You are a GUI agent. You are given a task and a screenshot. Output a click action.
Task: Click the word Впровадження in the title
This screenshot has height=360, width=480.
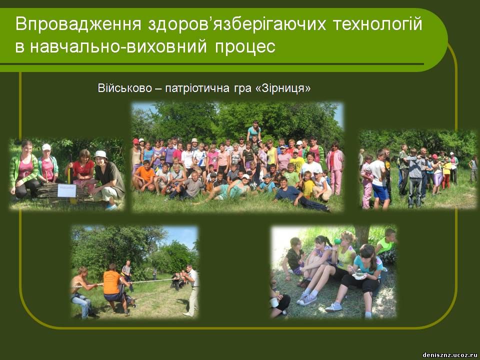(78, 24)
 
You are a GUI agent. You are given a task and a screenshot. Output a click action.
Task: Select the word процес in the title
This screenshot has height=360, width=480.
(245, 47)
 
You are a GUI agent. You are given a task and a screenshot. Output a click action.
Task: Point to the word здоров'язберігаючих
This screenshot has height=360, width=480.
(237, 24)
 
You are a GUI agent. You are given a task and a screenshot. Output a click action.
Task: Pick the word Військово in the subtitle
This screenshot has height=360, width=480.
(124, 88)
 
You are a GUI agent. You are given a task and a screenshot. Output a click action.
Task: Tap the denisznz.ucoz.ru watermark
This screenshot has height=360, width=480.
(449, 355)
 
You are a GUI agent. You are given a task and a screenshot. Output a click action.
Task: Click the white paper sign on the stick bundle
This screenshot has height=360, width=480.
(66, 190)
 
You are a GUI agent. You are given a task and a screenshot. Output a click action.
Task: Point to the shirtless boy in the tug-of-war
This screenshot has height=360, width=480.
(82, 292)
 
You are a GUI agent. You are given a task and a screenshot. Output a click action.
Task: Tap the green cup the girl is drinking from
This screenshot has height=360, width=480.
(337, 241)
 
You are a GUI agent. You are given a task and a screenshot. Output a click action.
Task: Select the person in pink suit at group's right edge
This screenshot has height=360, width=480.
(336, 168)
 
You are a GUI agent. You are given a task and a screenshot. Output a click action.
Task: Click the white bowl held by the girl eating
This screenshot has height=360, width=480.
(359, 276)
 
